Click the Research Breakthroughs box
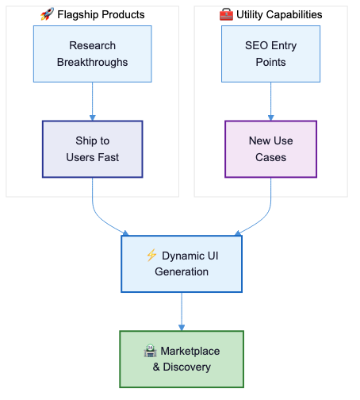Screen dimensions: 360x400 click(93, 54)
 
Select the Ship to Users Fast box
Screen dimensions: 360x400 click(93, 149)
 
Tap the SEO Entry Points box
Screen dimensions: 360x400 click(270, 54)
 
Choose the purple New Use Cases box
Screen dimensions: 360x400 click(270, 149)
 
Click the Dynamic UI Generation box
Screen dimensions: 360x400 click(182, 263)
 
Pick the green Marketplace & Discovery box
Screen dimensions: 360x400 click(182, 359)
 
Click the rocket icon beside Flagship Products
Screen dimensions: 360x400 click(47, 14)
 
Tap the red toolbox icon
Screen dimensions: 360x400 click(226, 14)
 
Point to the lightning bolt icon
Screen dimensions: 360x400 click(151, 255)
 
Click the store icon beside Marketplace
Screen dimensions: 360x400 click(150, 351)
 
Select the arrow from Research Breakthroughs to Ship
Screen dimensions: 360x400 click(93, 102)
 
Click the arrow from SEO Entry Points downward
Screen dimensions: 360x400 click(270, 102)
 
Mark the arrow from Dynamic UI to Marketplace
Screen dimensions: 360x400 click(182, 312)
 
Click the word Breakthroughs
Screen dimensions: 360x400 click(93, 63)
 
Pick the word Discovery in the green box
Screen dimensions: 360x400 click(187, 367)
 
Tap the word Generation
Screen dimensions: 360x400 click(182, 271)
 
